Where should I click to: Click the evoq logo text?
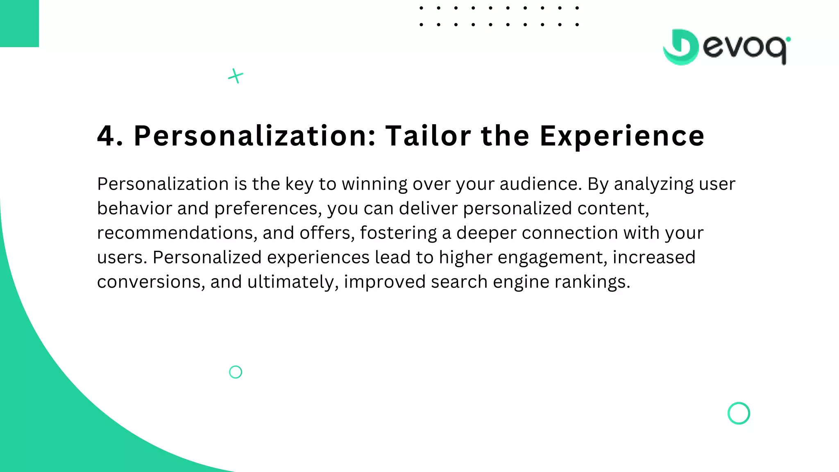coord(746,48)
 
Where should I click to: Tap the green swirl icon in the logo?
coord(680,47)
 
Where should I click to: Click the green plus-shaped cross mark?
coord(236,76)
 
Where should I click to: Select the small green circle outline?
coord(236,372)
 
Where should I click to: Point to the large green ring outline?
coord(739,413)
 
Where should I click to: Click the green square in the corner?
coord(19,23)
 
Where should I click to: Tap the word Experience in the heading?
coord(622,136)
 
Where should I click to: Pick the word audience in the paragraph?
coord(540,184)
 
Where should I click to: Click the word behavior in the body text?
coord(134,209)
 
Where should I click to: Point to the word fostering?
coord(398,233)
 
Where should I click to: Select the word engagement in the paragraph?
coord(552,258)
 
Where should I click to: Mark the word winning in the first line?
coord(374,184)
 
